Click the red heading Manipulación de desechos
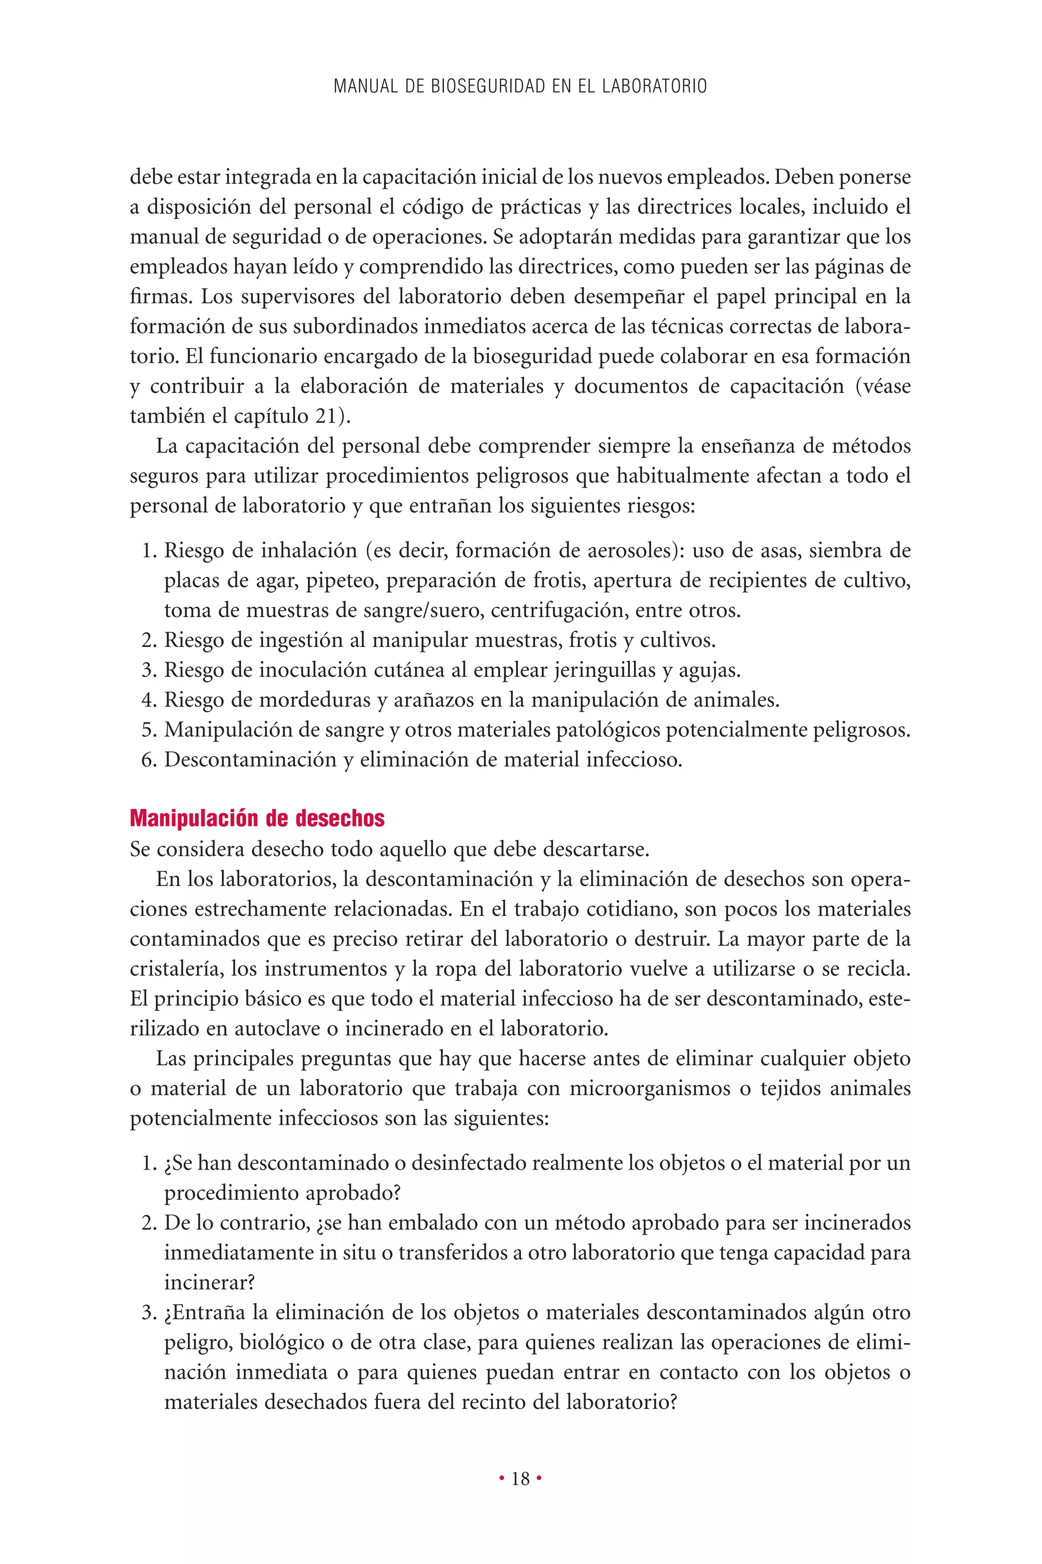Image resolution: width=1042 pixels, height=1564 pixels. click(x=257, y=818)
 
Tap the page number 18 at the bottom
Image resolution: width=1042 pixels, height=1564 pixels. click(x=521, y=1479)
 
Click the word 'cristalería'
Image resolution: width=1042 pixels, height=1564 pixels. click(x=176, y=969)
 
